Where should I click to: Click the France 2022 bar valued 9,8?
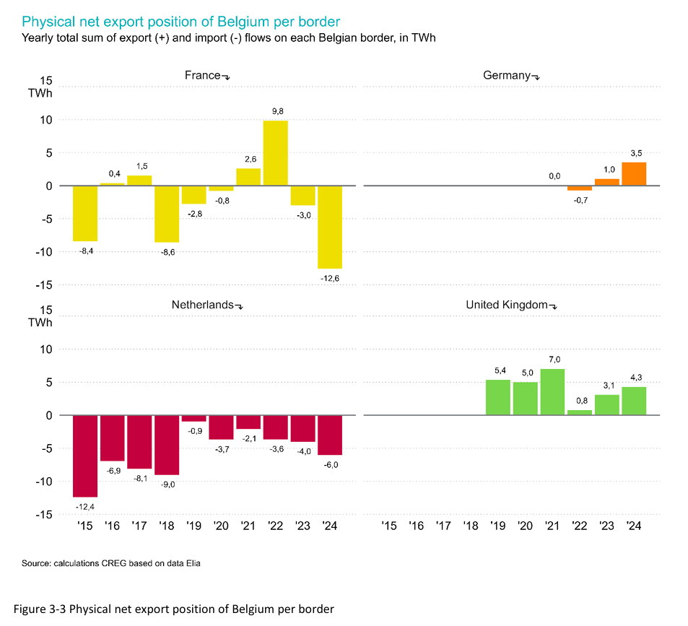275,153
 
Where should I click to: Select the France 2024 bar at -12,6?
330,227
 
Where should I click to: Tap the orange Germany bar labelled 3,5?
634,174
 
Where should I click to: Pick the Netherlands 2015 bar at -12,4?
84,456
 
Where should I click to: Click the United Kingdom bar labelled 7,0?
552,392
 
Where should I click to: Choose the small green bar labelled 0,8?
580,412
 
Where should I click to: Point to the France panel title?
203,75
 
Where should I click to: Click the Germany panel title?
507,75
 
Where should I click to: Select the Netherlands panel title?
202,304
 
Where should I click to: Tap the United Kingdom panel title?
507,304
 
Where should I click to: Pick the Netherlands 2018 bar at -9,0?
167,445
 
